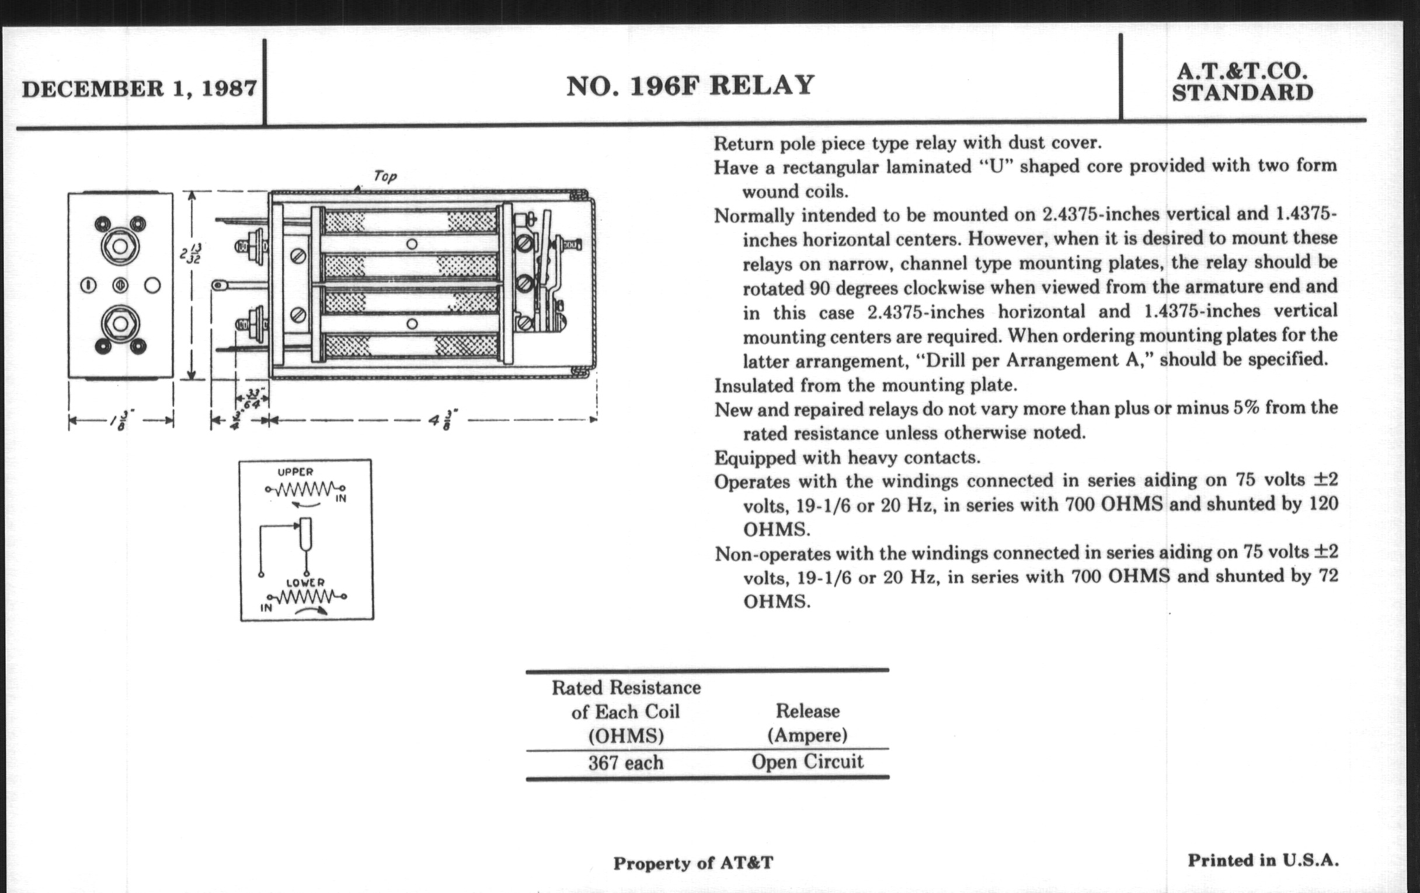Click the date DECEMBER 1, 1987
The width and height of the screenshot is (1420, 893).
[139, 89]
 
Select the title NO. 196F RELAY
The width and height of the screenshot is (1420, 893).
[690, 86]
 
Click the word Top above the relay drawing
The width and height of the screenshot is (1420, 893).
[385, 176]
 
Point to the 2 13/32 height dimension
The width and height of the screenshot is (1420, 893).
[190, 253]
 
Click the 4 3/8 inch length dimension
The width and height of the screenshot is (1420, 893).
[435, 420]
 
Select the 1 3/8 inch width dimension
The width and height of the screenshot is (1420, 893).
[120, 420]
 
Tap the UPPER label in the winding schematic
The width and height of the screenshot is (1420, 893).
[295, 472]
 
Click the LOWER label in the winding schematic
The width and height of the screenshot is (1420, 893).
[305, 582]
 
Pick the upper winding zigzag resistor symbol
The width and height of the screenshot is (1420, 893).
[304, 489]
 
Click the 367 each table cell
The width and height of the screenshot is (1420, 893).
[625, 763]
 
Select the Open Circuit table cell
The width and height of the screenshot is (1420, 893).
[807, 762]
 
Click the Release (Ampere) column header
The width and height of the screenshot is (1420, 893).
[807, 723]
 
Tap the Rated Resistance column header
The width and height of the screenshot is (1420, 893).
[625, 711]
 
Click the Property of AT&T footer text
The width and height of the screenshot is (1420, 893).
[692, 863]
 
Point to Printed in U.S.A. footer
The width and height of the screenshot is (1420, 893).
[1262, 860]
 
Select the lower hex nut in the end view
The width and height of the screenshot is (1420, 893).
[120, 323]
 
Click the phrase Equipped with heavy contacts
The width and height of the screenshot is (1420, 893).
[847, 458]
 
